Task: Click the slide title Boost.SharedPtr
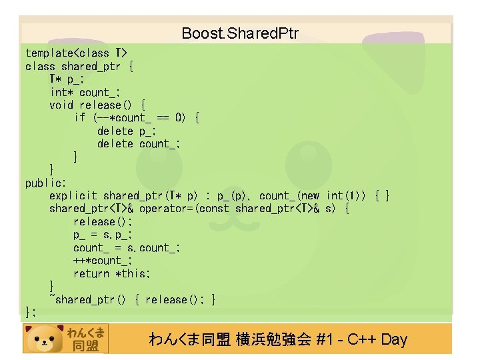(x=240, y=33)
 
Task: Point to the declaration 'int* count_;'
(x=85, y=92)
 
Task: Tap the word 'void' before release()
(x=61, y=105)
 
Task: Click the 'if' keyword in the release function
(x=80, y=118)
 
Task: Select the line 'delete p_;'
(x=124, y=131)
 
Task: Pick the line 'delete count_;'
(x=139, y=144)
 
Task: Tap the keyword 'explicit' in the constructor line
(x=73, y=196)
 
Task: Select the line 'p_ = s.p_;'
(x=103, y=235)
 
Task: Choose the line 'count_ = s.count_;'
(x=127, y=248)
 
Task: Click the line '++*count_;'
(x=103, y=261)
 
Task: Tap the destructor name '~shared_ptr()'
(x=87, y=300)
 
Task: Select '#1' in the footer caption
(x=326, y=340)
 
